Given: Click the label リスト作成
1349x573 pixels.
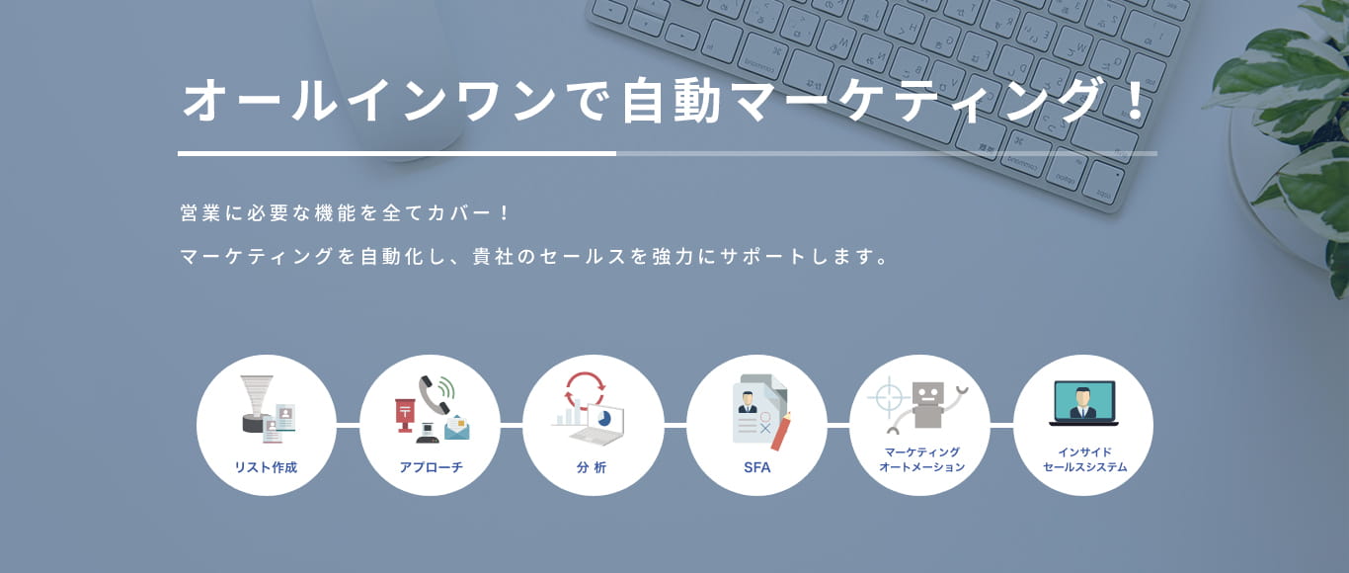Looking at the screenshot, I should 266,467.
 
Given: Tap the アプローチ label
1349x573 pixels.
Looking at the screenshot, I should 431,467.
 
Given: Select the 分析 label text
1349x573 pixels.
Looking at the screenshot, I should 592,467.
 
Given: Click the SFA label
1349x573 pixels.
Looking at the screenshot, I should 756,467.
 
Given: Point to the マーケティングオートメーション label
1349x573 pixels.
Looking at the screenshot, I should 920,459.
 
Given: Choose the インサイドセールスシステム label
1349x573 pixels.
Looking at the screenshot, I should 1084,459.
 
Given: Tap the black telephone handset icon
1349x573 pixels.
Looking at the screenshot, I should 434,393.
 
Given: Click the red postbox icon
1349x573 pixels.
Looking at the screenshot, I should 405,414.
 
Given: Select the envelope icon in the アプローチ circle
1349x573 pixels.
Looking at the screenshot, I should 457,428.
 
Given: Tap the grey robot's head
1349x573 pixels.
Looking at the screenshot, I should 928,392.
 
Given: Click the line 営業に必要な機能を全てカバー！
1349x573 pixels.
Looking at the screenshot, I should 345,212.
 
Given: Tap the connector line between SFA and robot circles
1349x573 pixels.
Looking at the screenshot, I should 838,425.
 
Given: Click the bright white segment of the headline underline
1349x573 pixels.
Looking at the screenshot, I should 396,153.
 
